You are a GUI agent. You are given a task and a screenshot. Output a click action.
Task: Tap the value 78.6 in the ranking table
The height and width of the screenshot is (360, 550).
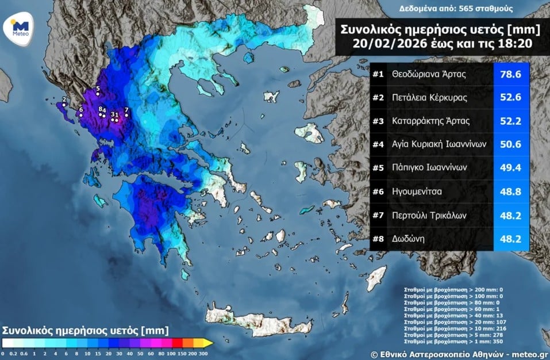tap(510, 74)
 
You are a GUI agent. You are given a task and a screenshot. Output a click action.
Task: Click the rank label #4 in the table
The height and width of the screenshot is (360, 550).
tap(378, 144)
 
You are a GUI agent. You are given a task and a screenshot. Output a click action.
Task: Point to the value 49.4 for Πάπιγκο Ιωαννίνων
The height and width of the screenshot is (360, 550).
tap(510, 168)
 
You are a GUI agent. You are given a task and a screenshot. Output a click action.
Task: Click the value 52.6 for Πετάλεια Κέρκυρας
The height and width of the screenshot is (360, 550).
tap(510, 98)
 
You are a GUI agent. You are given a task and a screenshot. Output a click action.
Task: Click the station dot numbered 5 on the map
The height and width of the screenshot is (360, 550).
tap(98, 94)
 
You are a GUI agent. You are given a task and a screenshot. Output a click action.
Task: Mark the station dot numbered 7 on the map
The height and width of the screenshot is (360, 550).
tap(126, 115)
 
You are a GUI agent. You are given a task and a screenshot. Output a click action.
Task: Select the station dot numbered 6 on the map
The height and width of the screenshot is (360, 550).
tap(81, 115)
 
